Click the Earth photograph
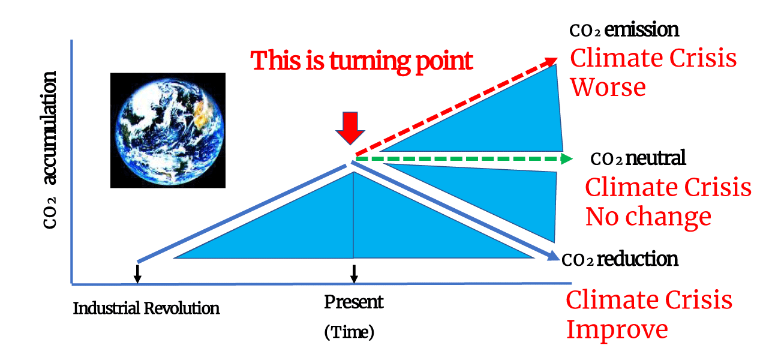point(168,130)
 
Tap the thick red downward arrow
point(350,128)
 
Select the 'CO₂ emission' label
point(624,30)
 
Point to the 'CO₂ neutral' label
point(638,158)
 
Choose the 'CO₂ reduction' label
point(620,259)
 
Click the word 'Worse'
point(608,87)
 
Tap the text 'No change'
point(648,217)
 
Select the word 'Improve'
point(617,329)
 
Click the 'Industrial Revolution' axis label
point(146,308)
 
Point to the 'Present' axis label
point(353,302)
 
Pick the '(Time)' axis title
point(349,332)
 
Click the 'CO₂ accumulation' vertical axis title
point(50,150)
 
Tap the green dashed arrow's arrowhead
point(567,159)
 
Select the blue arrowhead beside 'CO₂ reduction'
point(553,255)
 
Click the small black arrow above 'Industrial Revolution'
point(137,274)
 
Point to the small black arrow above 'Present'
point(355,274)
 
